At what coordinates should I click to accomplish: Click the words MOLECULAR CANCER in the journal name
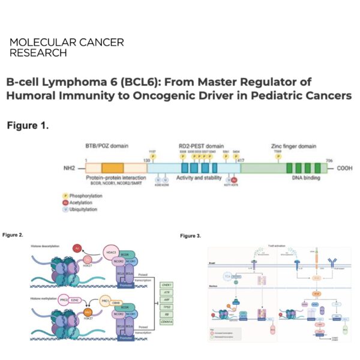67,43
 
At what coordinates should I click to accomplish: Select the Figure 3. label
190,236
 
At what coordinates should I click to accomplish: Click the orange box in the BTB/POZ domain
112,169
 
